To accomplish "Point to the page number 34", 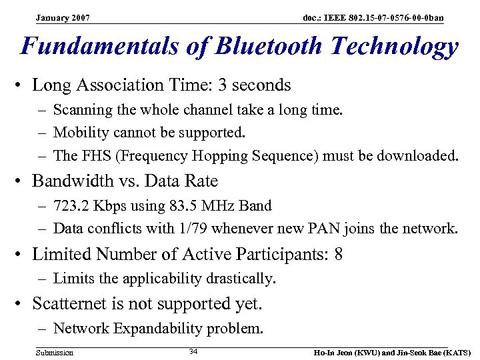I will pyautogui.click(x=193, y=351).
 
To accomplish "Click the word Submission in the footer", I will pyautogui.click(x=55, y=352).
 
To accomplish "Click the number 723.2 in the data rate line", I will pyautogui.click(x=72, y=206).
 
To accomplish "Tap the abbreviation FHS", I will pyautogui.click(x=91, y=156).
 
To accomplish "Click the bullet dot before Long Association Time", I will pyautogui.click(x=22, y=85).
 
